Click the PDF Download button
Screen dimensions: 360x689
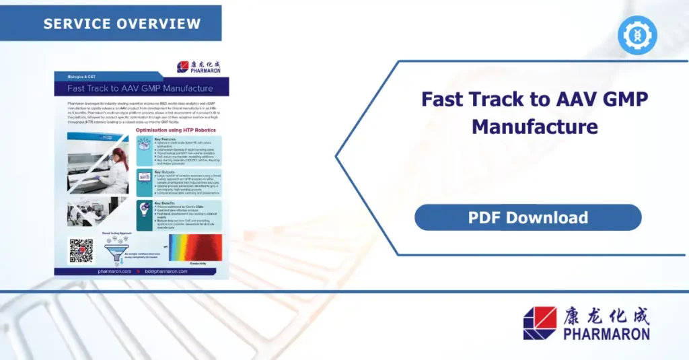point(528,217)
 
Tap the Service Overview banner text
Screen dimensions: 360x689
point(122,24)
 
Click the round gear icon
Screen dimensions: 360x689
point(637,35)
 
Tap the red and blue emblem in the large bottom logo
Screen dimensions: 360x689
point(540,323)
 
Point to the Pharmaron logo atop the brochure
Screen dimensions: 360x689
point(199,67)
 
